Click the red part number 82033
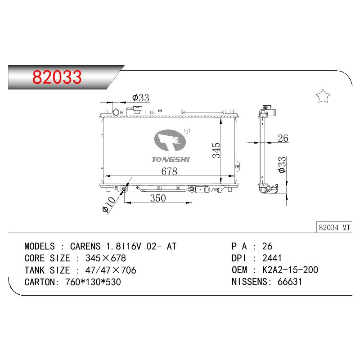(57, 77)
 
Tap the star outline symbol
(323, 96)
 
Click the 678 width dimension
(169, 171)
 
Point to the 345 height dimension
(216, 150)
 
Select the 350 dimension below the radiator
(158, 198)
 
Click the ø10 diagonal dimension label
(109, 205)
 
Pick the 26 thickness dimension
(283, 138)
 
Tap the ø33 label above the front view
(141, 98)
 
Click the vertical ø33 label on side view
(282, 165)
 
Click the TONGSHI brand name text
(171, 159)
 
